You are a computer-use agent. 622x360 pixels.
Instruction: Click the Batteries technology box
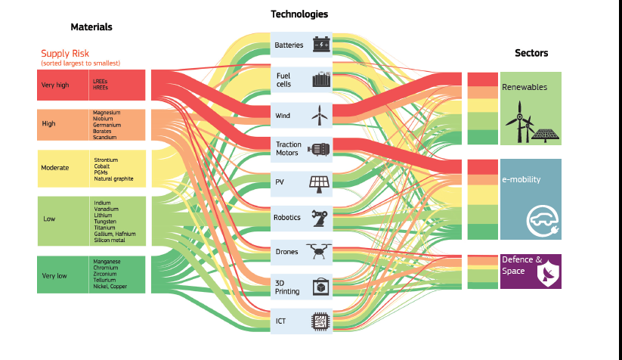point(301,45)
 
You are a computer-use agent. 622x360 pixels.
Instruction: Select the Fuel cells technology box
point(301,79)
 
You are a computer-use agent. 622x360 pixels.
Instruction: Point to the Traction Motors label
point(288,149)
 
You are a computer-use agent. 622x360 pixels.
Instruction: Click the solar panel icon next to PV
point(319,182)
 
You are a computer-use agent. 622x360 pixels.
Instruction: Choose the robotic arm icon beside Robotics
point(320,218)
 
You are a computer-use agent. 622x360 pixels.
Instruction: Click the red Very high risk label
point(54,85)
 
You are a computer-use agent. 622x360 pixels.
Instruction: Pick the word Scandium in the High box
point(104,138)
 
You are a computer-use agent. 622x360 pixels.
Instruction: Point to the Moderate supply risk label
point(55,167)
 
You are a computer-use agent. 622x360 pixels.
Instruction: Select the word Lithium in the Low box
point(104,216)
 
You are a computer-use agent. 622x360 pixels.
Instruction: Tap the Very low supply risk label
point(54,276)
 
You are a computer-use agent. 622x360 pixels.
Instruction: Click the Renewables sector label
point(525,88)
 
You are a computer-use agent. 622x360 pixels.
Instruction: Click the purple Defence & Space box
point(531,271)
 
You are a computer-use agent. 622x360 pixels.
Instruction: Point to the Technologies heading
point(299,14)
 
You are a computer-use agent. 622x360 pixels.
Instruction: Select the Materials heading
point(91,27)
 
